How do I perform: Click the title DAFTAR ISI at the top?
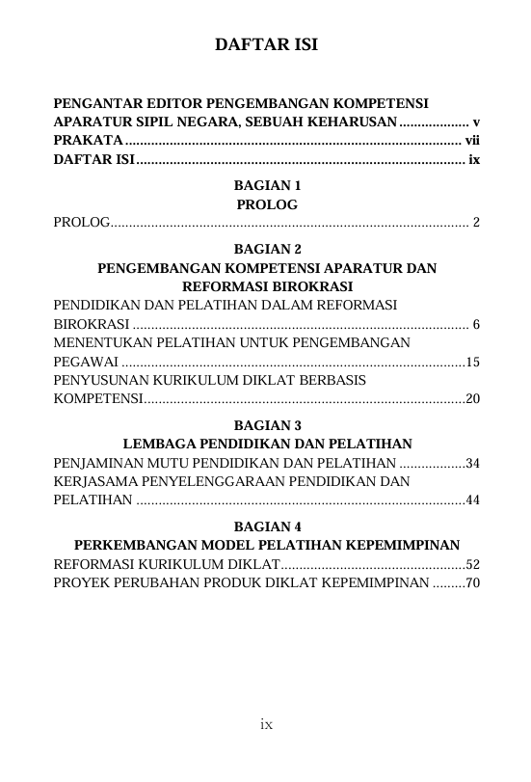click(266, 45)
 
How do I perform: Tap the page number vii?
click(472, 142)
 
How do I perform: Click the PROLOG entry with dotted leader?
click(81, 223)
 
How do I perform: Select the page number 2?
click(476, 223)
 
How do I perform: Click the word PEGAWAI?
click(86, 362)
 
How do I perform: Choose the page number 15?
click(473, 362)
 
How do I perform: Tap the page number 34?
click(473, 463)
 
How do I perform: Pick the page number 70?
click(473, 582)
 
